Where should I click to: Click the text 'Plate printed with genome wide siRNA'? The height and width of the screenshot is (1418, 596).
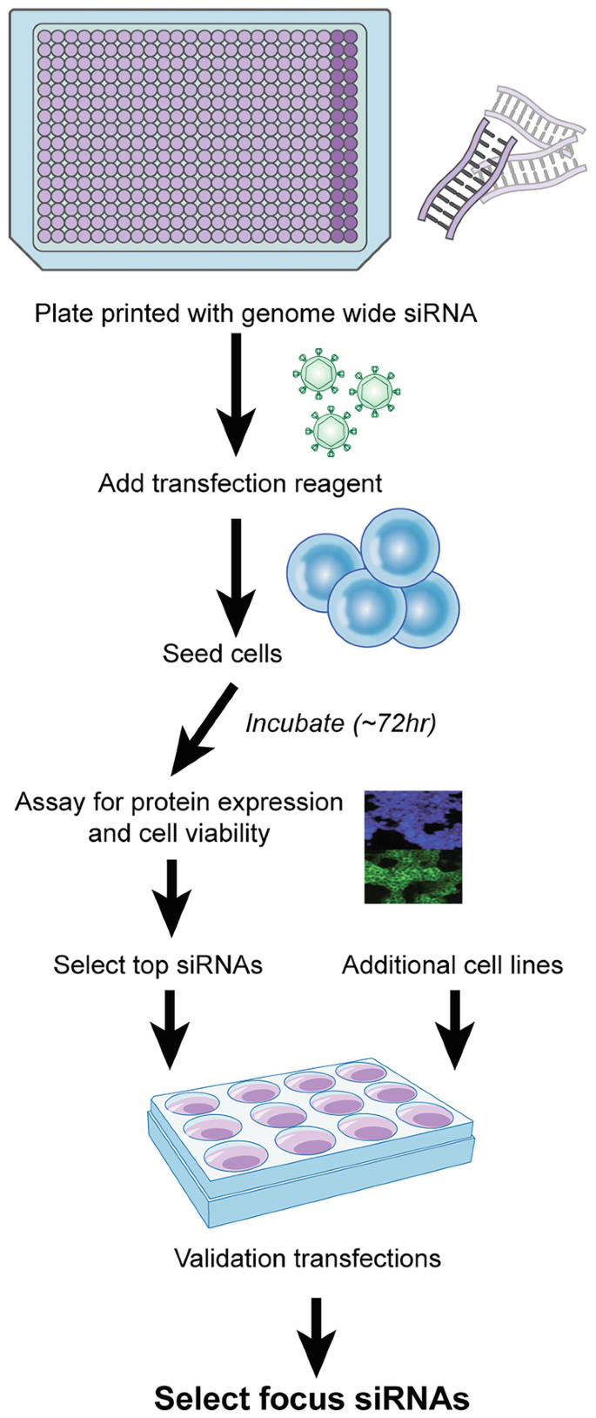[256, 313]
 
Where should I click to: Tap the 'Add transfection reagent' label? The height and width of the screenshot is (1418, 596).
[240, 483]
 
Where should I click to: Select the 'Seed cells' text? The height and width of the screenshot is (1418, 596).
[222, 654]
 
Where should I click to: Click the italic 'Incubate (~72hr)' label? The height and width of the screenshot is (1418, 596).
[340, 722]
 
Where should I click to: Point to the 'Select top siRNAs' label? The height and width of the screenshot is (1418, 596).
[157, 964]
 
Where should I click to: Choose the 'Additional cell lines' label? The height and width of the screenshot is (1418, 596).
[452, 964]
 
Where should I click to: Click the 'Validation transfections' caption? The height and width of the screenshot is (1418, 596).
[307, 1258]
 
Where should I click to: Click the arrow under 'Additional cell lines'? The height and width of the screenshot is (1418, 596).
[453, 1027]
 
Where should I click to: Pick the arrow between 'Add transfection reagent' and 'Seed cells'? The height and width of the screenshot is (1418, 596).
[235, 575]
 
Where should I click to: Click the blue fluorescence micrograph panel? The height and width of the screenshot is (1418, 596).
[413, 818]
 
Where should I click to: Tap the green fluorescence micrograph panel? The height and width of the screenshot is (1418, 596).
[413, 875]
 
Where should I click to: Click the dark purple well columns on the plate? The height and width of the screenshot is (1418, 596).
[345, 135]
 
